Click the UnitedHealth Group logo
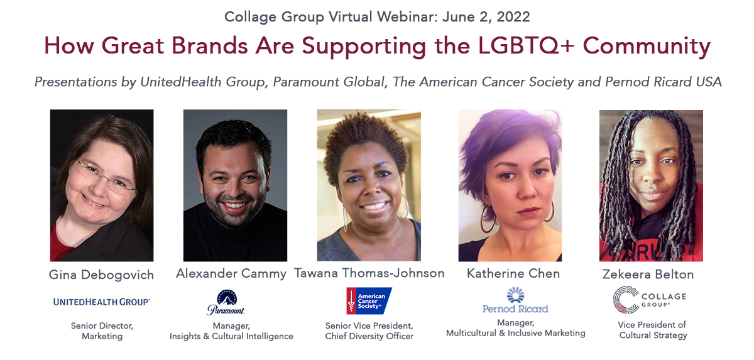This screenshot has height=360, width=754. coord(101,302)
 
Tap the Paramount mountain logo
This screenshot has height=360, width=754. coord(226,302)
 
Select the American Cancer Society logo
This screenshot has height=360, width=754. coord(369,301)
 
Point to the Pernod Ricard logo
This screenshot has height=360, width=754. coord(515,300)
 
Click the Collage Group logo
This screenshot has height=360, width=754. coord(649,300)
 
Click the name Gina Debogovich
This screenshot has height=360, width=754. coord(101,275)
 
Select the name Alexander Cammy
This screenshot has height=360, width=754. coord(231,273)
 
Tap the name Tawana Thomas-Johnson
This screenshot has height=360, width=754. coord(369,273)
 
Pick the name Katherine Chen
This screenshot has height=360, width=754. coord(513,273)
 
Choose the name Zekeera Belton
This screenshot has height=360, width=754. coord(648,275)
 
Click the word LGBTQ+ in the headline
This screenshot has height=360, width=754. coord(526,46)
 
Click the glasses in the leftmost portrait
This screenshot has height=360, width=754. coord(107,177)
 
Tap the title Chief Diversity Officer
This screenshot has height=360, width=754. coord(369,336)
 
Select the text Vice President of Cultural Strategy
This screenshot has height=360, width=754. coord(652,330)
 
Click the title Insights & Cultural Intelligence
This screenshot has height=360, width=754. coord(231,336)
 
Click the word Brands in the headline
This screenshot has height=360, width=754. coord(210,46)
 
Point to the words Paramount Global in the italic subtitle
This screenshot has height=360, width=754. coord(329,82)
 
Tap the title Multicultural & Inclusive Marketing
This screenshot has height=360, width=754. coord(516,333)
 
